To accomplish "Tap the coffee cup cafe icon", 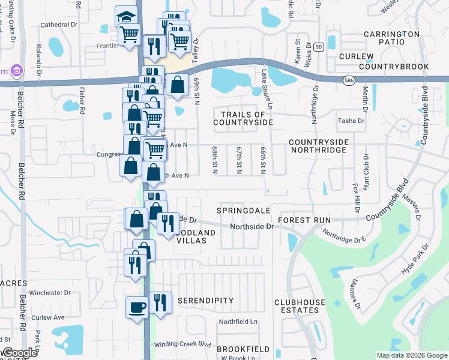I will [137, 307].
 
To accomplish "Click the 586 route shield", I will [349, 80].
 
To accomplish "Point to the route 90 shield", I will [318, 46].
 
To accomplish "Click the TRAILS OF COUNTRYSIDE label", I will [243, 118].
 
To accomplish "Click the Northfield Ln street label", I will [238, 322].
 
